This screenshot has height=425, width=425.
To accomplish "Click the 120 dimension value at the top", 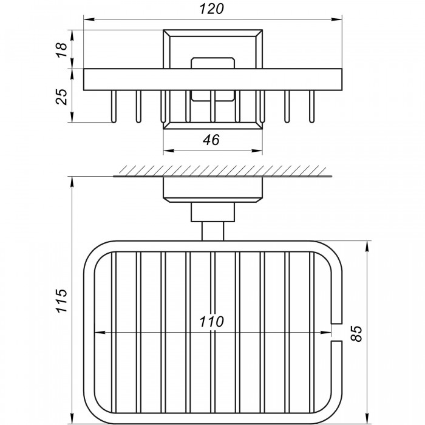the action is (212, 8).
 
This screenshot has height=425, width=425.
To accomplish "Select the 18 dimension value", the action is (61, 50).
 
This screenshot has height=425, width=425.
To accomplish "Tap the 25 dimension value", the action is (61, 97).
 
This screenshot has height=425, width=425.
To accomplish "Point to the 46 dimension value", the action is (211, 140).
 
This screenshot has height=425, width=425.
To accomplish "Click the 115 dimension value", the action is (61, 301).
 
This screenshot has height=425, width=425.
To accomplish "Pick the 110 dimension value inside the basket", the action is (212, 322).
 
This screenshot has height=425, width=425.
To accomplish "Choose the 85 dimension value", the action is (356, 334).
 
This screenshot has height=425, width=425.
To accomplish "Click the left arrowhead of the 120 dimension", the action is (89, 19).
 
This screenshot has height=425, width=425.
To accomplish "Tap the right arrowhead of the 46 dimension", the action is (257, 151).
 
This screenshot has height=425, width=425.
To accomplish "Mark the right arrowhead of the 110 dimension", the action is (326, 333).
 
